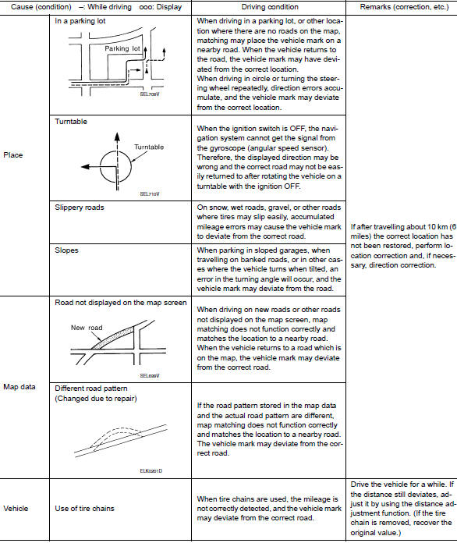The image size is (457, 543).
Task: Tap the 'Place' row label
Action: pos(13,154)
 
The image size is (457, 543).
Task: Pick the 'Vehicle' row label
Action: pos(16,508)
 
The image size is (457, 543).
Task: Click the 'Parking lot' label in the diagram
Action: pos(122,48)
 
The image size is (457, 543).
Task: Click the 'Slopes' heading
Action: pos(68,251)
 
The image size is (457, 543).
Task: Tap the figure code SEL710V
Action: pos(151,193)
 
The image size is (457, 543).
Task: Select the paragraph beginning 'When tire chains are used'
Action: pos(257,508)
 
